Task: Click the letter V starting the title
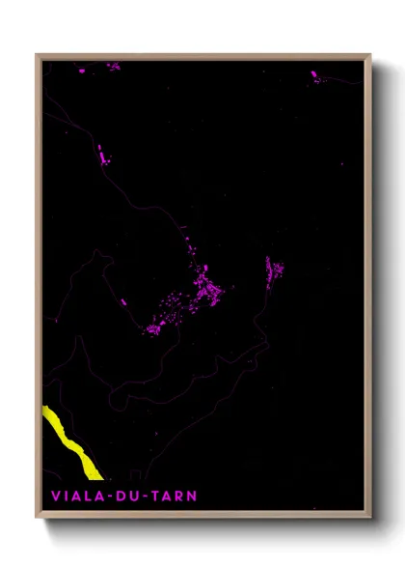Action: [x=55, y=497]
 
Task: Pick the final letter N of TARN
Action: [x=194, y=497]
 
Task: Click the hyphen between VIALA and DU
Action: [x=111, y=497]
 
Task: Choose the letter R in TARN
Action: [x=182, y=497]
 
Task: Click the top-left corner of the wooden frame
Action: [x=37, y=55]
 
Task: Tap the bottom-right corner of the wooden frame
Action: [x=369, y=517]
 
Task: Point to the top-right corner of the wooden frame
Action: [x=369, y=55]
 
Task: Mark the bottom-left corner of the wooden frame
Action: [x=37, y=517]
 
